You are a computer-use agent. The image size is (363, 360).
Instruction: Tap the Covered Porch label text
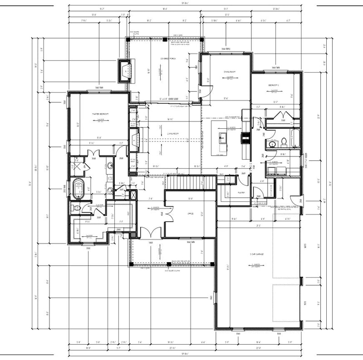pyautogui.click(x=167, y=59)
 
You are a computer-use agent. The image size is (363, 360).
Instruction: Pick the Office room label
pyautogui.click(x=190, y=213)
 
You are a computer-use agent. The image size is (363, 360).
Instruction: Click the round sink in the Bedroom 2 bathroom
pyautogui.click(x=273, y=144)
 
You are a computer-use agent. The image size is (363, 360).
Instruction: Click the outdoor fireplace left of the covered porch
pyautogui.click(x=124, y=70)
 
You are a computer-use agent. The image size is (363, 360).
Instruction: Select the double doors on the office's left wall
pyautogui.click(x=169, y=214)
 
